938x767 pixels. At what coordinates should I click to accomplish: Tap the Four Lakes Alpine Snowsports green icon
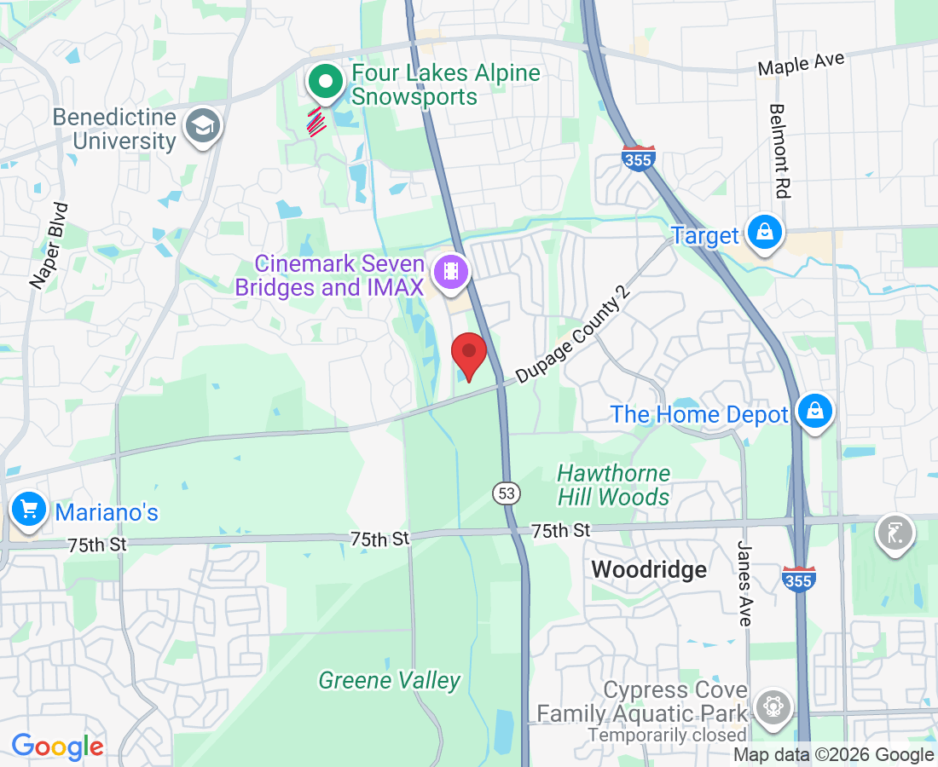point(325,83)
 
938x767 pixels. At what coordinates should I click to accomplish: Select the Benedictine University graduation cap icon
point(203,127)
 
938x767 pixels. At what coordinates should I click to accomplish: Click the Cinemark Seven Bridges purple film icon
point(450,272)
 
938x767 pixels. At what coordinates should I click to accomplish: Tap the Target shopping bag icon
point(765,231)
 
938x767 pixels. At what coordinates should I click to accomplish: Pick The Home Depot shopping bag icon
point(815,411)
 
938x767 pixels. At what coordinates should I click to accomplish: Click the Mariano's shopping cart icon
point(30,510)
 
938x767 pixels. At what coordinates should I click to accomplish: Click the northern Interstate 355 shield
point(638,159)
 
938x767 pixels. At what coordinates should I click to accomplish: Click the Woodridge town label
point(649,569)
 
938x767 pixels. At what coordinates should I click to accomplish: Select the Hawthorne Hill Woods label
point(614,485)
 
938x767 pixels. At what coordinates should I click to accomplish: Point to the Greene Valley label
point(389,680)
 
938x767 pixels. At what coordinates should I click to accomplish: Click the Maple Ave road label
point(801,64)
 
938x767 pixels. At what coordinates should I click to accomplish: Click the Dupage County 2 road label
point(572,335)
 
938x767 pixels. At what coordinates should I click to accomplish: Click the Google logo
point(57,747)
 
